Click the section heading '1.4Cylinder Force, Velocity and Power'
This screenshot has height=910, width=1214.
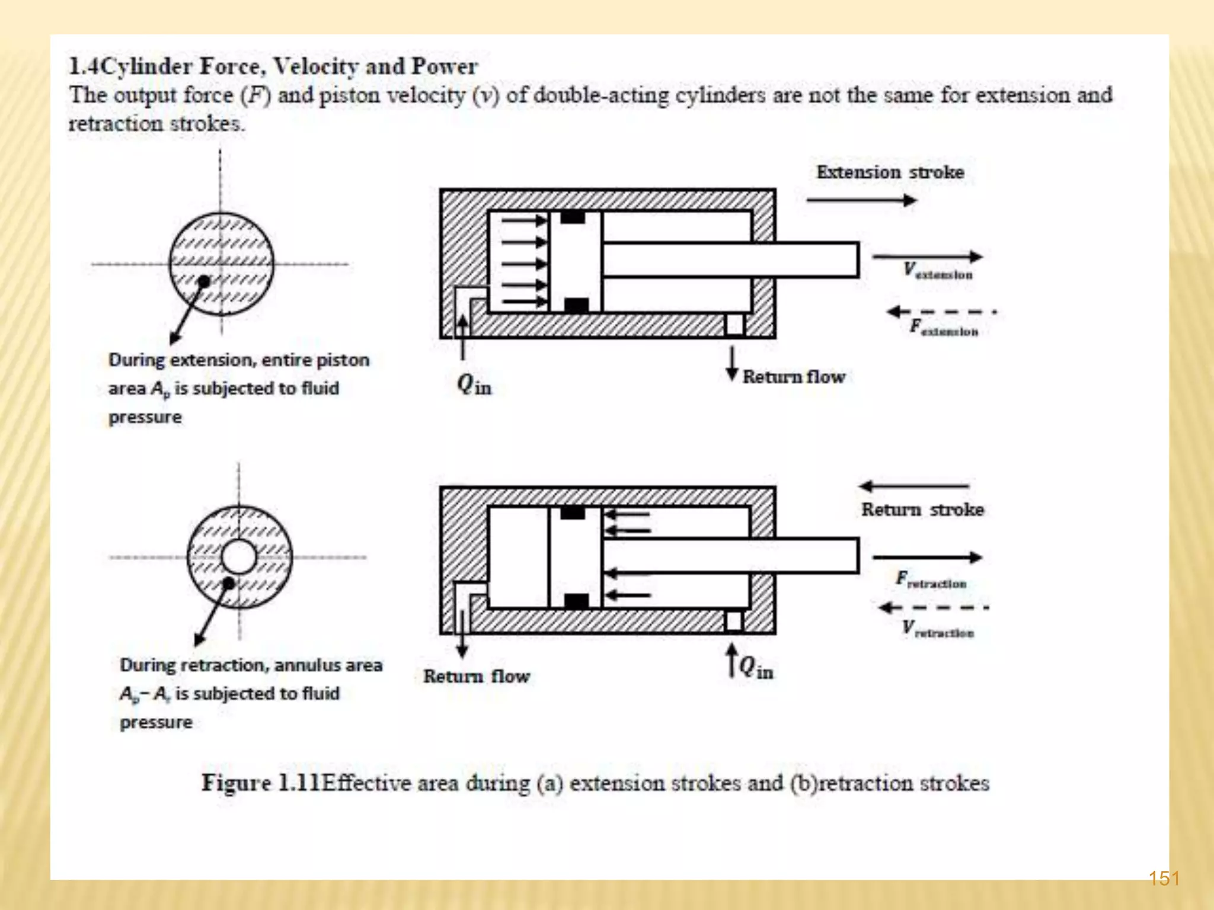click(x=273, y=66)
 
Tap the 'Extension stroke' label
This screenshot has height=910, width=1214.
click(x=890, y=172)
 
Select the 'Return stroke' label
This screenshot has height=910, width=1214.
click(x=922, y=510)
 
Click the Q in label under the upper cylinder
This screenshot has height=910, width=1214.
click(x=474, y=385)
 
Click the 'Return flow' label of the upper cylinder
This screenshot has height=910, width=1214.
click(x=794, y=377)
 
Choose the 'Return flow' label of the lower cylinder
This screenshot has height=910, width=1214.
click(x=477, y=676)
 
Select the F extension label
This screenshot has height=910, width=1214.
click(x=944, y=328)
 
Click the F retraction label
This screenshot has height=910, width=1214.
click(x=931, y=580)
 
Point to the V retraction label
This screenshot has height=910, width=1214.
click(x=938, y=629)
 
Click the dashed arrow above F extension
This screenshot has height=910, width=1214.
click(x=941, y=312)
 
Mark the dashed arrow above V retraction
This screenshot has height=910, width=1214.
click(x=933, y=607)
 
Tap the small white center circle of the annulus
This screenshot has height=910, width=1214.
click(x=239, y=557)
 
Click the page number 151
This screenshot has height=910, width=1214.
click(x=1164, y=877)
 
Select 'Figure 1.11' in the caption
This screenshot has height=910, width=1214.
click(x=261, y=783)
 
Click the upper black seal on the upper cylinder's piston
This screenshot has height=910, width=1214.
click(x=573, y=217)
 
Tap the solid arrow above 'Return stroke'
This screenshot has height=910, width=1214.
click(x=914, y=486)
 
